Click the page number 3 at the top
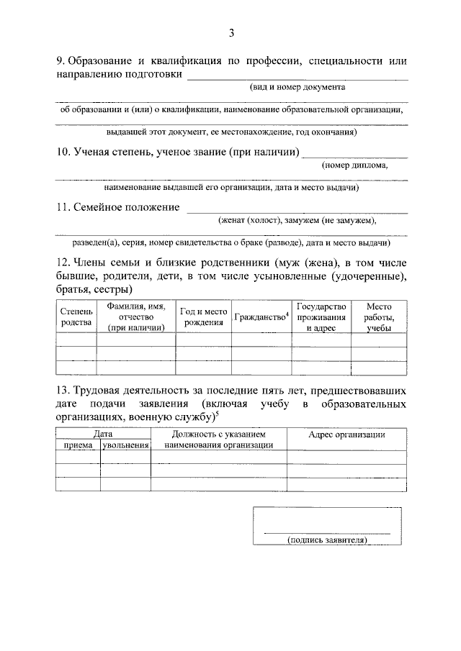pos(231,32)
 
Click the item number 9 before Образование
pos(60,61)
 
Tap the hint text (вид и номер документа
pos(292,87)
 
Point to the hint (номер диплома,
pos(355,165)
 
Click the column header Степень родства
pos(76,317)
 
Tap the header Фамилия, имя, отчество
pos(136,317)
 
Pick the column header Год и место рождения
pos(203,317)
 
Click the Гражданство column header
pos(261,317)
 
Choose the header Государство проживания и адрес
pos(321,317)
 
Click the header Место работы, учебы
pos(379,317)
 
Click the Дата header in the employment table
pos(103,434)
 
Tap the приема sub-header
pos(78,445)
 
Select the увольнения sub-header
pos(125,445)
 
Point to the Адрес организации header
pos(346,434)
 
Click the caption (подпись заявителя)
pos(328,540)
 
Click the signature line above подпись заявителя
pos(328,532)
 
